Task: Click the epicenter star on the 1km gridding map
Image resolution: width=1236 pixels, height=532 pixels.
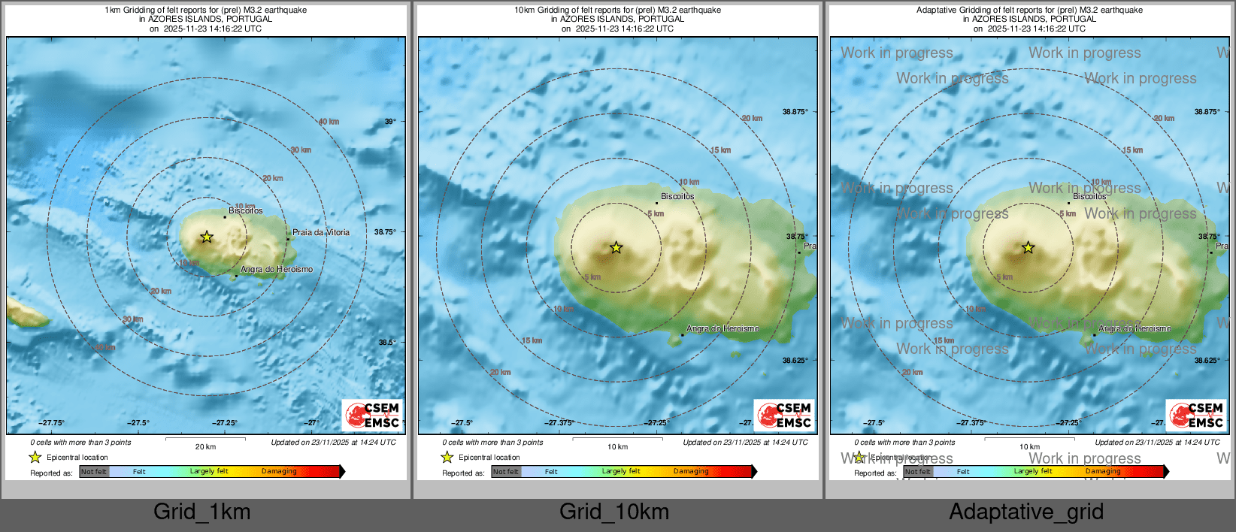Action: point(207,237)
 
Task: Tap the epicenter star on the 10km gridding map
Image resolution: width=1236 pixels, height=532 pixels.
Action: point(616,247)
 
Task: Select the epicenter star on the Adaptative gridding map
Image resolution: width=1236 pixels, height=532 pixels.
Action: point(1028,247)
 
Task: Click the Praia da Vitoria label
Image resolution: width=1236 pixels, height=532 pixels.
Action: point(321,232)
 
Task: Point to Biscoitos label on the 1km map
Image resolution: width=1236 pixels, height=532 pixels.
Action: point(246,210)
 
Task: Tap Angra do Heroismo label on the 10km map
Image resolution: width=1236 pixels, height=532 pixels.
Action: point(723,328)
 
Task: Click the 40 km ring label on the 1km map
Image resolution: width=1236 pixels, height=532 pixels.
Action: point(329,122)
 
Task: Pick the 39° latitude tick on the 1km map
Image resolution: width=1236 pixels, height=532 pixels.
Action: point(389,121)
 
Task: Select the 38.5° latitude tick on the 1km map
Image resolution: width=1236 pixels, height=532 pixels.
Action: point(386,342)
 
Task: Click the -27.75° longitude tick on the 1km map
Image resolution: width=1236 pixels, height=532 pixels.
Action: point(52,423)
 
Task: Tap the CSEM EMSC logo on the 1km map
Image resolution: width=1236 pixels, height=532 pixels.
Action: point(373,415)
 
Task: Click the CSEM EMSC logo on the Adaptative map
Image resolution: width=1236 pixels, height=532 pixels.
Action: point(1197,415)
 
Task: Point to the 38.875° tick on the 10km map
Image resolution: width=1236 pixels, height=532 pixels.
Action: point(795,112)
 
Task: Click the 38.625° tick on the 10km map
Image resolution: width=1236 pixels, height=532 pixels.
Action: point(795,361)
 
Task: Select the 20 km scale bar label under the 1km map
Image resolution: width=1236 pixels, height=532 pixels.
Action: point(205,447)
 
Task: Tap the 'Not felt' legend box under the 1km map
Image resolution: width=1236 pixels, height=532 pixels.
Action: point(94,472)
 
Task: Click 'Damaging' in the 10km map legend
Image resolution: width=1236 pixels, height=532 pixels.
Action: point(691,472)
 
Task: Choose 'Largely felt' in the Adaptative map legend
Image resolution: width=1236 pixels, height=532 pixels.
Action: point(1033,472)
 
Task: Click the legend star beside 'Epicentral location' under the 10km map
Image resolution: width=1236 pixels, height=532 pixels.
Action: point(447,457)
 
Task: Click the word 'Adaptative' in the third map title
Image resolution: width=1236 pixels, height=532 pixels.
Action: point(936,10)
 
